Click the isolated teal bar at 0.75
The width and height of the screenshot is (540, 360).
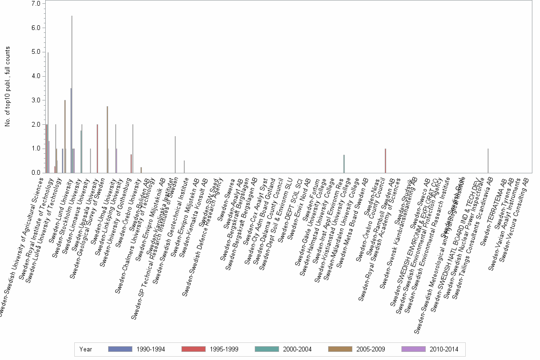point(344,164)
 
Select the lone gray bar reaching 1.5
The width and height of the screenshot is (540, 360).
point(175,155)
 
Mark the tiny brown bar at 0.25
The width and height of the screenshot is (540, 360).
point(141,170)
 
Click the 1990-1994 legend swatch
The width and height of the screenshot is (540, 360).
point(120,350)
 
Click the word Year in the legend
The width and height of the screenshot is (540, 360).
point(86,350)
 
